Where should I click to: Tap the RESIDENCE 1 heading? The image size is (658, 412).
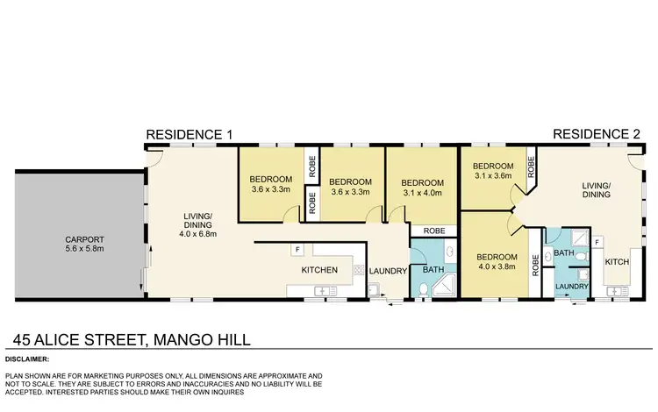189,135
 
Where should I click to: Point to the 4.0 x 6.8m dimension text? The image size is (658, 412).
197,234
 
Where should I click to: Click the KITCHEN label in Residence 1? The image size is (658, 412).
319,270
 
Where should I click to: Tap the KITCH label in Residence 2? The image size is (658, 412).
618,262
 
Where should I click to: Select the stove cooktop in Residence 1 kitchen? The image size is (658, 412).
358,271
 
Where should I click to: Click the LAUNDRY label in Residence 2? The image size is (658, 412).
571,286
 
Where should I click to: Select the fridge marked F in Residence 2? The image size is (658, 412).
597,241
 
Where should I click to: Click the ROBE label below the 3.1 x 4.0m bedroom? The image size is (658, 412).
433,231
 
